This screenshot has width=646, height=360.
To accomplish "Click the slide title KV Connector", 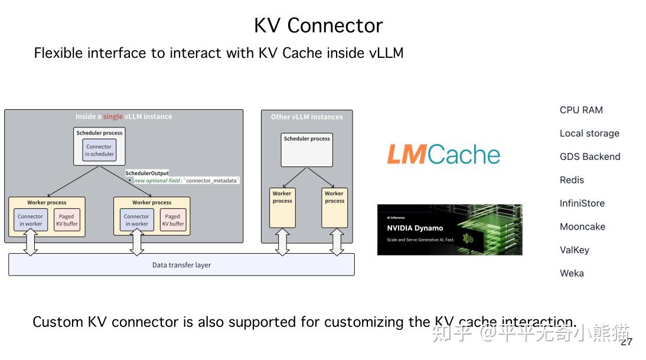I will click(318, 25).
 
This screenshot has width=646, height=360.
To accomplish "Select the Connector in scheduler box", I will click(99, 150).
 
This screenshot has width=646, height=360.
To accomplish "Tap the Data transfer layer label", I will click(181, 265).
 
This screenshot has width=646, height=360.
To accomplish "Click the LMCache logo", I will click(443, 155).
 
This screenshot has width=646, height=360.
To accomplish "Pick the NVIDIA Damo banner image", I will click(449, 230).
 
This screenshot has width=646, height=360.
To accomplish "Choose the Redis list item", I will click(572, 180).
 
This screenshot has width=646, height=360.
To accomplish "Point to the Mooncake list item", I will click(582, 227).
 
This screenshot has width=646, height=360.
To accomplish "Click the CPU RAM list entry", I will click(581, 110).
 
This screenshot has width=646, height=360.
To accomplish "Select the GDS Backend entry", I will click(590, 156).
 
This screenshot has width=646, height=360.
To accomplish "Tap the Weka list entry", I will click(572, 273).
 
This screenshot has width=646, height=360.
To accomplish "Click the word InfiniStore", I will click(582, 203).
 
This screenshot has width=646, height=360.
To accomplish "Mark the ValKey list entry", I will click(575, 250).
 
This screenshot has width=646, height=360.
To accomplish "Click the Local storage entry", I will click(589, 133).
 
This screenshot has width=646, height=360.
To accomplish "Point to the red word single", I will click(113, 117).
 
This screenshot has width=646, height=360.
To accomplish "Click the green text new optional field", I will click(158, 180).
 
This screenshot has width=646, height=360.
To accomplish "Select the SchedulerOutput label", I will click(147, 173).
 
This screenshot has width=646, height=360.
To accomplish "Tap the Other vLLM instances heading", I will click(306, 117).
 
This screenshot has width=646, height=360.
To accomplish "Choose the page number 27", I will click(627, 342).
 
